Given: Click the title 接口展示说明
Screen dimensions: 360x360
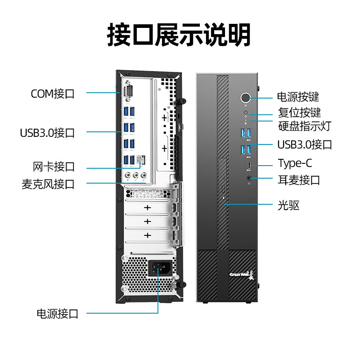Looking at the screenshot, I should (179, 35).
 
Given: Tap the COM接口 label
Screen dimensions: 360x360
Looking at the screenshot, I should (53, 94).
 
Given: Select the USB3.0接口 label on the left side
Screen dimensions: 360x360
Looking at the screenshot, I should (47, 133).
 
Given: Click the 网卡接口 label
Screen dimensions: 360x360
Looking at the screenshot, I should (54, 167).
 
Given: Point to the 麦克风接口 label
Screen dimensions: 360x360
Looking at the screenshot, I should (48, 184).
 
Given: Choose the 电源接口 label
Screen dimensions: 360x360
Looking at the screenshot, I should (58, 314).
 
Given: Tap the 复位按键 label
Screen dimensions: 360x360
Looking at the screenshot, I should (299, 112).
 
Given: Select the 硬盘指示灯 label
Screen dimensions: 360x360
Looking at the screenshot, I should (304, 126).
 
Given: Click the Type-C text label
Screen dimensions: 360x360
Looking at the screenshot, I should (295, 163).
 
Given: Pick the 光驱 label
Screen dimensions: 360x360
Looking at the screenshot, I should (288, 206).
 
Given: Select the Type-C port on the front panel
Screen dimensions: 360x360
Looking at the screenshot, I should (249, 166).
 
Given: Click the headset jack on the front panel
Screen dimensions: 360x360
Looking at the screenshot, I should (249, 178).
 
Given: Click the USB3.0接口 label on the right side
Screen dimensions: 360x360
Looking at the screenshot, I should (305, 144).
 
